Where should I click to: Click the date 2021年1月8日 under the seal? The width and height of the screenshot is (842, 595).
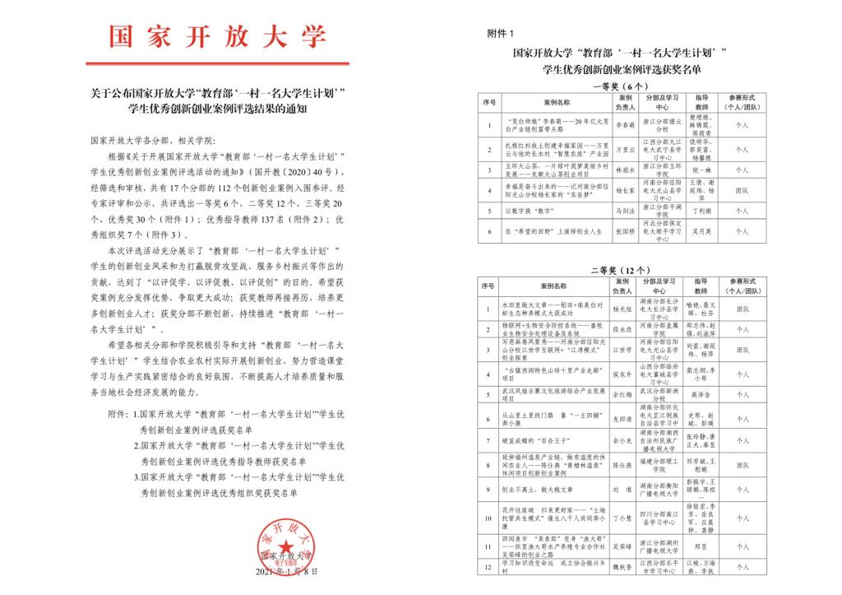(285, 570)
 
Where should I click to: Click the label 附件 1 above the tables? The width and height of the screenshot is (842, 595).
(500, 34)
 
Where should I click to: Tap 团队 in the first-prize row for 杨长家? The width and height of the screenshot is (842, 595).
(741, 190)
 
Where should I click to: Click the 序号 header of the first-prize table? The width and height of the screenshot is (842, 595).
(490, 103)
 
